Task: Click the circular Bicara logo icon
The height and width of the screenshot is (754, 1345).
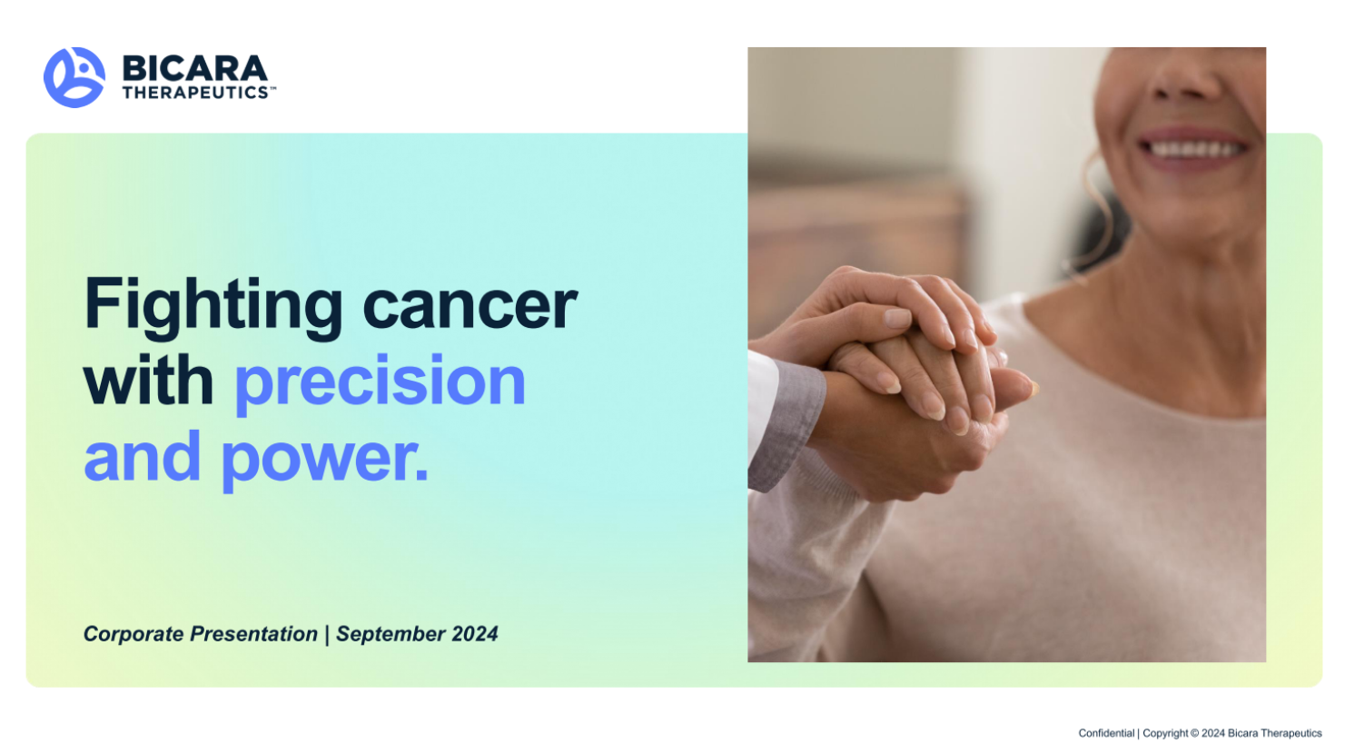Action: point(74,77)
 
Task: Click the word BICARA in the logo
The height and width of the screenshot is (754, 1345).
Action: point(195,68)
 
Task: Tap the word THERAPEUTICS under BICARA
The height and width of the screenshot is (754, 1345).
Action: point(196,93)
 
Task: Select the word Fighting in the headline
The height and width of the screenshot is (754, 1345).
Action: point(213,308)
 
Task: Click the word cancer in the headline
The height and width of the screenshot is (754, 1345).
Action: point(470,306)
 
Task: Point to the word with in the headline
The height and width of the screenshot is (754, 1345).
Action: point(148,380)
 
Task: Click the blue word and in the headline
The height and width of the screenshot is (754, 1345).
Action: point(142,456)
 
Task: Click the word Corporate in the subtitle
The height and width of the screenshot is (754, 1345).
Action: point(134,634)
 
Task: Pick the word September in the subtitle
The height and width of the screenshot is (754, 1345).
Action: point(391,634)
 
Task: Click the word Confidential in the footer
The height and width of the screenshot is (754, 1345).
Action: point(1106,733)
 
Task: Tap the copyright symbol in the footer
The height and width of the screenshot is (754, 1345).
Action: point(1195,733)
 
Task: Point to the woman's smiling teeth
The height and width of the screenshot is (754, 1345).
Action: point(1194,149)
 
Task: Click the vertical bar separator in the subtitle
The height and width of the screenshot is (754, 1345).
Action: point(327,634)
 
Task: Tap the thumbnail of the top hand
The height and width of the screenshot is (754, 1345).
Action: point(897,317)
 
